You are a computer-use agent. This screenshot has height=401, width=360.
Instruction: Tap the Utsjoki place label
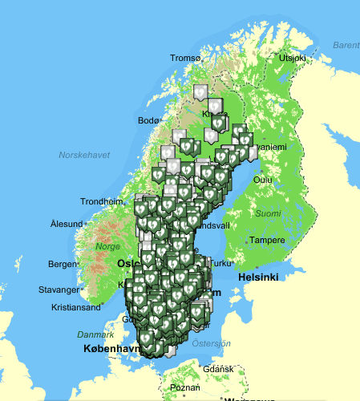(292, 58)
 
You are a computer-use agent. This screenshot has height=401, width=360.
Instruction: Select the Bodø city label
(149, 120)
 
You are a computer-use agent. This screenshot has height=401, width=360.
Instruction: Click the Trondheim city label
(104, 201)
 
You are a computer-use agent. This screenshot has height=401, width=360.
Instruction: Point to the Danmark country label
(95, 334)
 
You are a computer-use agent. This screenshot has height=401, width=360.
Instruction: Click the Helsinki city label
(257, 277)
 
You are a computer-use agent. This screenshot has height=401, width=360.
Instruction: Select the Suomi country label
(268, 213)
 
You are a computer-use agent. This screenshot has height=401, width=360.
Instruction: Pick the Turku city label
(220, 263)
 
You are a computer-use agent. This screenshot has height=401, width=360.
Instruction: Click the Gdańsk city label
(218, 369)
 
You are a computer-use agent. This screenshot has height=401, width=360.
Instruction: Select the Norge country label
(108, 246)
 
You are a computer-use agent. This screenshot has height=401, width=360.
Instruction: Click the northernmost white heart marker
(197, 91)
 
